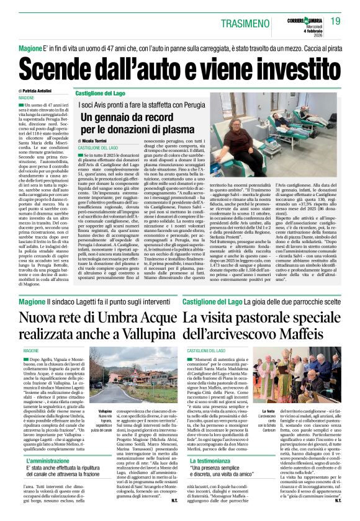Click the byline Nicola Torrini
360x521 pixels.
point(100,141)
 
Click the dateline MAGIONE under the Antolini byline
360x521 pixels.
point(27,98)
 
